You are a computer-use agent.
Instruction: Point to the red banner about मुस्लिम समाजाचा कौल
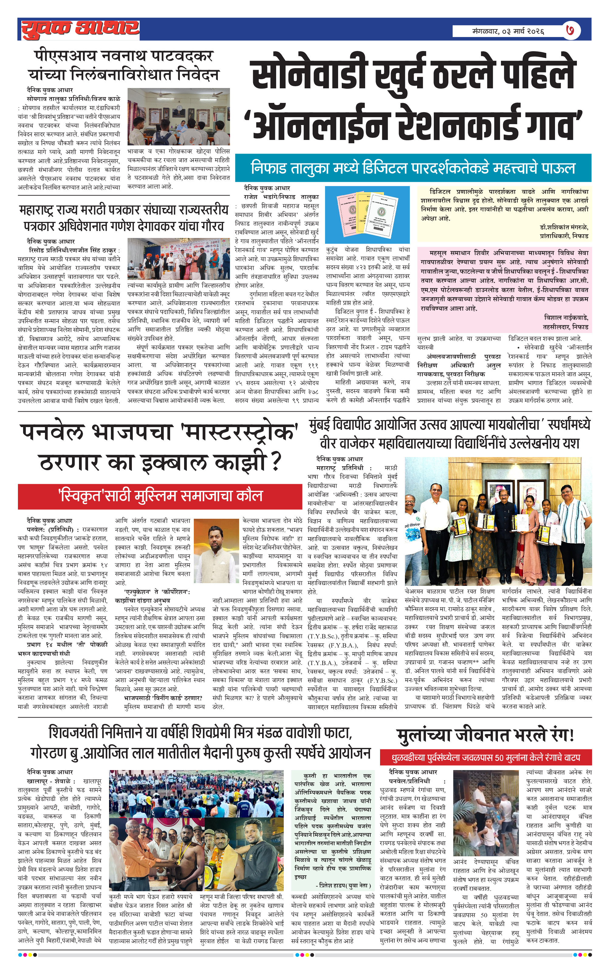160,496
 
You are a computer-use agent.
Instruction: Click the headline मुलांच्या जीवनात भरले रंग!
485,735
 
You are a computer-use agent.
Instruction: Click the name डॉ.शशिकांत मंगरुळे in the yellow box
564,227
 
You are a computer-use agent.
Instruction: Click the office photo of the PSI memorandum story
179,117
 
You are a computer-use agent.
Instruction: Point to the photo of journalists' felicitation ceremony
179,259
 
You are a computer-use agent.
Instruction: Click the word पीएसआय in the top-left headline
58,56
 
